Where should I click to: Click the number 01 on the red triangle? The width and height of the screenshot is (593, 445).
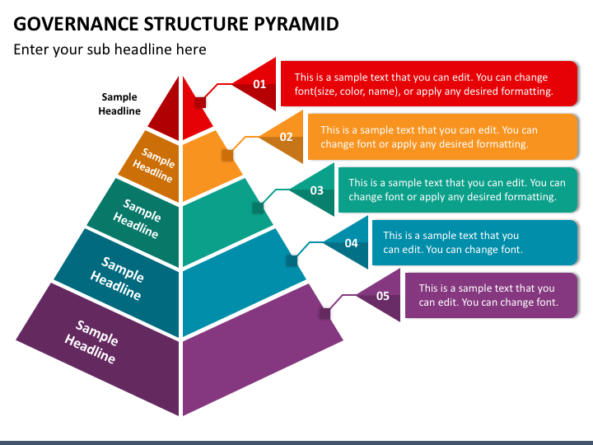[259, 84]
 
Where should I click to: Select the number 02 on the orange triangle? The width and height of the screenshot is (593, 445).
[287, 137]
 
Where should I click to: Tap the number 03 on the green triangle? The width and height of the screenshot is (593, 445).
[317, 190]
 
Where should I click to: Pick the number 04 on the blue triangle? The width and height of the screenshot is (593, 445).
[352, 243]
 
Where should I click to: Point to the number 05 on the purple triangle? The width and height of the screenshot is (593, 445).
[383, 296]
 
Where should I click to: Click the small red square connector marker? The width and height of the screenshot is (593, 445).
[200, 102]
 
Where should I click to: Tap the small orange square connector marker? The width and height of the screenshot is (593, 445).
[227, 155]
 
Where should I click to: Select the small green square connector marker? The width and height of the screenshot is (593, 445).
[259, 208]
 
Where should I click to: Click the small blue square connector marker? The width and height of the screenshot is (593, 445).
[292, 260]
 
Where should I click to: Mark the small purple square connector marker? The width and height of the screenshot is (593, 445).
[325, 314]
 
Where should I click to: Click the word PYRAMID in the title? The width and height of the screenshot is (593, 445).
[296, 24]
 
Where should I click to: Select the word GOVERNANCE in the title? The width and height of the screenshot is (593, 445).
[76, 24]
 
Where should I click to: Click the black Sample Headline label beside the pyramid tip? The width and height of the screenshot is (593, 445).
[119, 104]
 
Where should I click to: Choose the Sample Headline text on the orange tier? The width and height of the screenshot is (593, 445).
[154, 165]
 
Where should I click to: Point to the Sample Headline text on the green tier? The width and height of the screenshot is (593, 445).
[138, 218]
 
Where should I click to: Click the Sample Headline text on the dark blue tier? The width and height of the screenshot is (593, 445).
[117, 279]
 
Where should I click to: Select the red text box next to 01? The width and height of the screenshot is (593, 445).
[429, 83]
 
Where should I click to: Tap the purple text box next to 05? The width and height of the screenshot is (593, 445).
[491, 295]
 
